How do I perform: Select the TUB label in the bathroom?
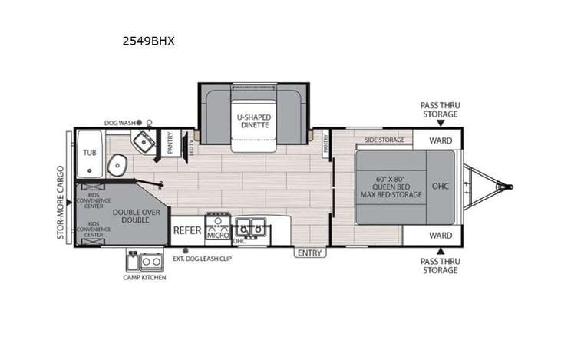[90, 153]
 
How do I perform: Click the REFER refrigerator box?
[186, 230]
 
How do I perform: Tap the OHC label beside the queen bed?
[440, 185]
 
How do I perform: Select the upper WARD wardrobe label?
[440, 140]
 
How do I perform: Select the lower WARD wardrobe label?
[440, 235]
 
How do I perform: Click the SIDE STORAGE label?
[384, 140]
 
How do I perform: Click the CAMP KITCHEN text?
[144, 277]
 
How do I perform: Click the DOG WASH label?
[120, 122]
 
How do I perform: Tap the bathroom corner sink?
[144, 142]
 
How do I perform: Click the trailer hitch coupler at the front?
[503, 185]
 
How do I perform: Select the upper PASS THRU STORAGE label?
[440, 110]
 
